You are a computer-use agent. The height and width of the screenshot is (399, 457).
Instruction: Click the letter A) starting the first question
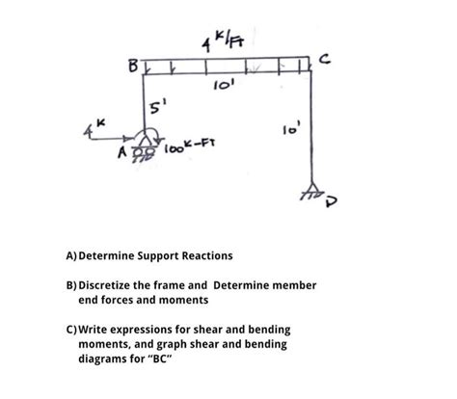71,255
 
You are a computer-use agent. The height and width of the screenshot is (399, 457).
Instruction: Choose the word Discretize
112,286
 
